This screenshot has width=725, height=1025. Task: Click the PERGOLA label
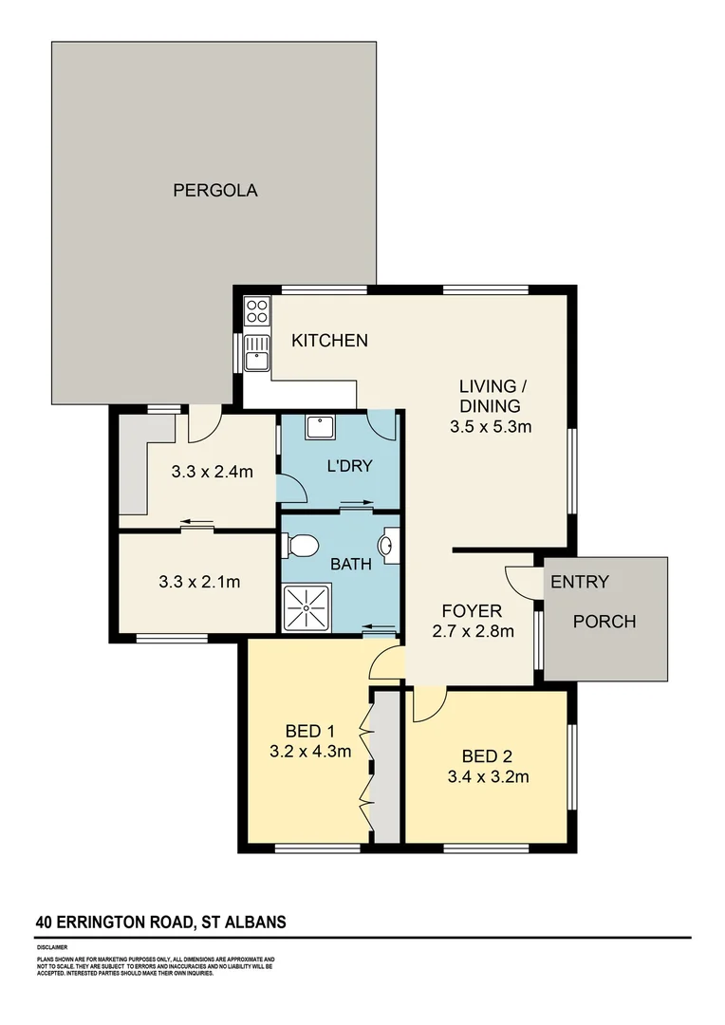[214, 190]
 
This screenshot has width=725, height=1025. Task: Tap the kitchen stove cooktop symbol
[257, 311]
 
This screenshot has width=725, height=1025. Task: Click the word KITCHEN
[329, 340]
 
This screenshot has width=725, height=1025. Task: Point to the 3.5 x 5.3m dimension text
[490, 426]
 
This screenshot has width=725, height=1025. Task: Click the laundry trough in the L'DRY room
[318, 427]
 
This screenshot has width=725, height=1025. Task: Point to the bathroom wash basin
[389, 546]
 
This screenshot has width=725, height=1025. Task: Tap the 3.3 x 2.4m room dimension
[212, 471]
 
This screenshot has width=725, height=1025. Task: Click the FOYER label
[472, 610]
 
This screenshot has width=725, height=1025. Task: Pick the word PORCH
[604, 622]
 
